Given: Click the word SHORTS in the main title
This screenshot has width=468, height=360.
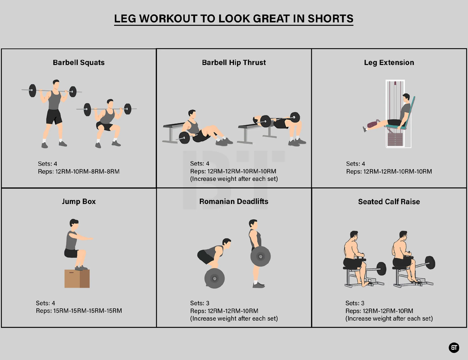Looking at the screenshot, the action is (x=330, y=19).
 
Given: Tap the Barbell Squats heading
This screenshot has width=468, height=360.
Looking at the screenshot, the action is (x=79, y=62).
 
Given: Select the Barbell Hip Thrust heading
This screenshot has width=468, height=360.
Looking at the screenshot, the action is (x=234, y=62).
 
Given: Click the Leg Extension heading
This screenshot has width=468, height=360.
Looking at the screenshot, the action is (x=389, y=62).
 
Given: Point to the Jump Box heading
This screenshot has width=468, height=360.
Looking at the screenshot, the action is (x=79, y=202).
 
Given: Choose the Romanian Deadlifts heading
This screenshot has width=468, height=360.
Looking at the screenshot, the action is (x=234, y=202).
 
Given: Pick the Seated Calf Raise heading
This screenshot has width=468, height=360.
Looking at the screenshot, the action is (x=389, y=202).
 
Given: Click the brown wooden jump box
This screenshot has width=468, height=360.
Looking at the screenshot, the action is (x=77, y=279).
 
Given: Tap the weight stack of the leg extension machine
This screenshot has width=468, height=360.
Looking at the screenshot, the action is (x=395, y=140).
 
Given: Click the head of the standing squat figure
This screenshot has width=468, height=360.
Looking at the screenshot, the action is (x=56, y=84).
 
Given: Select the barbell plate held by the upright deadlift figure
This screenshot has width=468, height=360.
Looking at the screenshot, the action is (x=261, y=256).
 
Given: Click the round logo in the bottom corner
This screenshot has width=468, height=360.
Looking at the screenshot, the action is (x=454, y=347).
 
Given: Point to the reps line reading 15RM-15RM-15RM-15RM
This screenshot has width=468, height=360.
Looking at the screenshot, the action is (x=79, y=311).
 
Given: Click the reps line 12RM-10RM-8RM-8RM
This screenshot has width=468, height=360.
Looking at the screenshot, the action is (x=79, y=172).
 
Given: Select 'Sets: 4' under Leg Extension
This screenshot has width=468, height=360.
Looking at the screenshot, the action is (x=356, y=164).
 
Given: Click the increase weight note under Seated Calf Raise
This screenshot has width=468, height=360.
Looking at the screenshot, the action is (x=389, y=318).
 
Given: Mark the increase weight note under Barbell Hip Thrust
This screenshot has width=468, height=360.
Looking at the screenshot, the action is (x=234, y=179).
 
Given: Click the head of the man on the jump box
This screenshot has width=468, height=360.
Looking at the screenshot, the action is (x=74, y=223).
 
